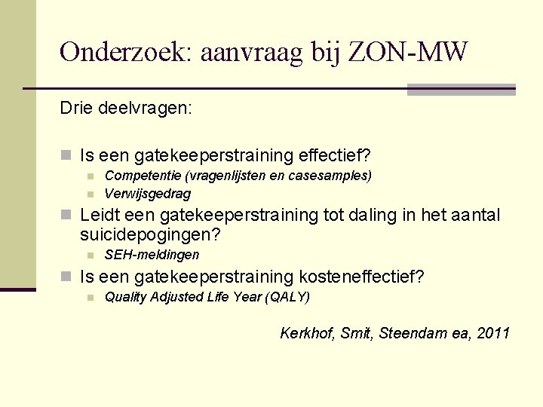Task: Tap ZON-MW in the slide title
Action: pos(418,52)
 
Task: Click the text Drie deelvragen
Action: pos(126,109)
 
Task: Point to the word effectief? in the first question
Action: pos(335,156)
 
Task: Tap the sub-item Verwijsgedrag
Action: pos(148,194)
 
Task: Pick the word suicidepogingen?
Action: pos(150,235)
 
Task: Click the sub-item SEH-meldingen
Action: pos(152,255)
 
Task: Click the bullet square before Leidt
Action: pos(66,216)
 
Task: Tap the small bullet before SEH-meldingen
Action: pos(89,256)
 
